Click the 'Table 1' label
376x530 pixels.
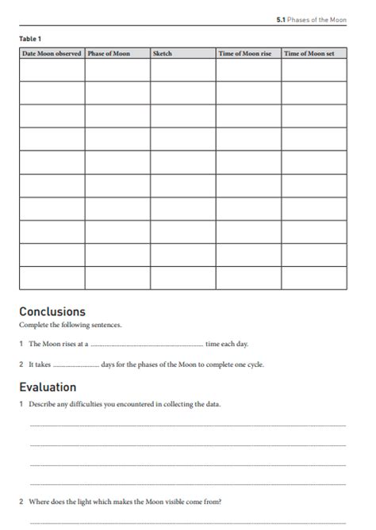(x=30, y=38)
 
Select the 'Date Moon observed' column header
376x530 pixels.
(x=52, y=53)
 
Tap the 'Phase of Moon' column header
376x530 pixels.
(x=109, y=53)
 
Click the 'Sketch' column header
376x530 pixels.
(x=162, y=53)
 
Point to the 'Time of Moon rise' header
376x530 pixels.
(x=245, y=53)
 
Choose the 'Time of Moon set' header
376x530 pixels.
(x=309, y=53)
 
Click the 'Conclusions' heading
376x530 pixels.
(x=52, y=311)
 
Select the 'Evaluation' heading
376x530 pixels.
(x=48, y=387)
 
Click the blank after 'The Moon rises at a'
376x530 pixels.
(x=147, y=345)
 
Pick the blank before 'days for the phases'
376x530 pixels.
(x=75, y=366)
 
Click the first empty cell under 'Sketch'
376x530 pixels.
(x=182, y=70)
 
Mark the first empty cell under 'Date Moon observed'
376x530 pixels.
(x=52, y=70)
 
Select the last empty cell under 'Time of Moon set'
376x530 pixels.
(x=314, y=277)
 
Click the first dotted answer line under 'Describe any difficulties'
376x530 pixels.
(x=187, y=426)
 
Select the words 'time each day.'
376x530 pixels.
(x=227, y=345)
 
